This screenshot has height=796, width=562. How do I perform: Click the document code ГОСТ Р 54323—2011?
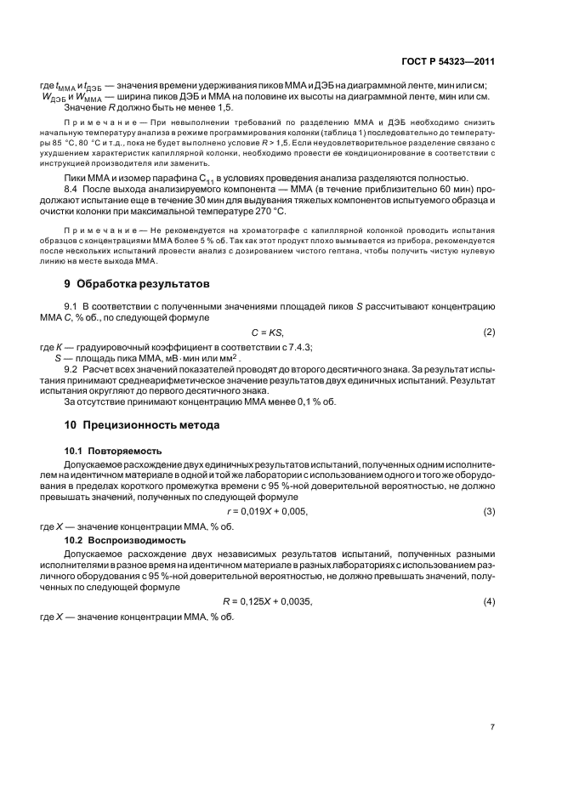click(x=447, y=62)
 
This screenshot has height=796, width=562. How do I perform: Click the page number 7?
click(x=492, y=727)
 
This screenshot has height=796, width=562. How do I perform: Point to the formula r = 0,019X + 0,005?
click(x=267, y=511)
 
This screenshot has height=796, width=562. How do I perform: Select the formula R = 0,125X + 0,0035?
click(x=267, y=601)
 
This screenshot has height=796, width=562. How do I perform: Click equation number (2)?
click(x=489, y=332)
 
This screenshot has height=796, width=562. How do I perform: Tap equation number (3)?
click(x=489, y=511)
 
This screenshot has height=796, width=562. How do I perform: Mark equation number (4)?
click(x=489, y=601)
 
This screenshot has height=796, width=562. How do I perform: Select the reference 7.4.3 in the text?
click(x=275, y=347)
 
